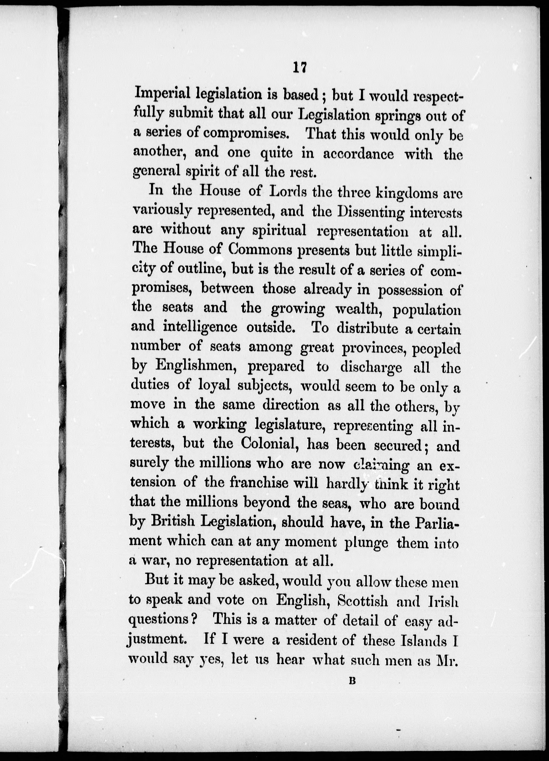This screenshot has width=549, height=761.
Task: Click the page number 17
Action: (300, 68)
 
